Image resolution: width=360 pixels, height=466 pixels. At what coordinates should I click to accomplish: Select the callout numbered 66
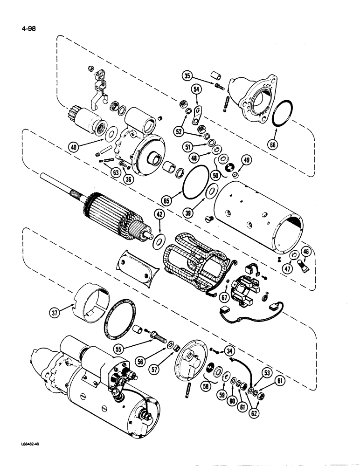pyautogui.click(x=272, y=145)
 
